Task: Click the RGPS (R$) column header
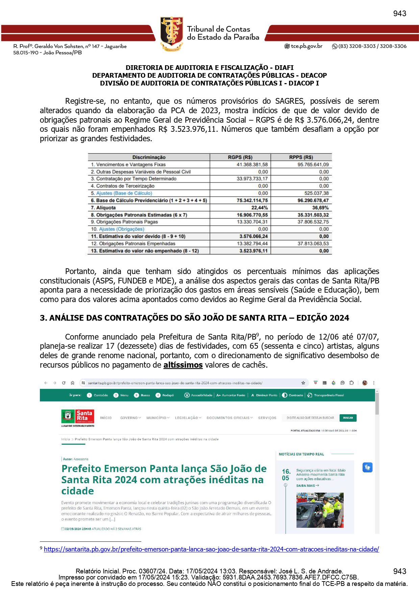click(240, 157)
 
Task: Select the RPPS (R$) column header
click(301, 157)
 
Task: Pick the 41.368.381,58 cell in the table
click(252, 165)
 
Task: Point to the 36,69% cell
click(320, 208)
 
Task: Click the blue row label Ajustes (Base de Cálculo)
click(124, 193)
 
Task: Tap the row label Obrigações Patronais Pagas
click(127, 222)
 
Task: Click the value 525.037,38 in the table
click(316, 193)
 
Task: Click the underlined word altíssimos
click(183, 365)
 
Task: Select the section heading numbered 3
click(194, 318)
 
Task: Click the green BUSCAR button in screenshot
click(348, 418)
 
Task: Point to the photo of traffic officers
click(320, 510)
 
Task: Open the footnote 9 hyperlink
click(211, 549)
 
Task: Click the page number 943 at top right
click(399, 14)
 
